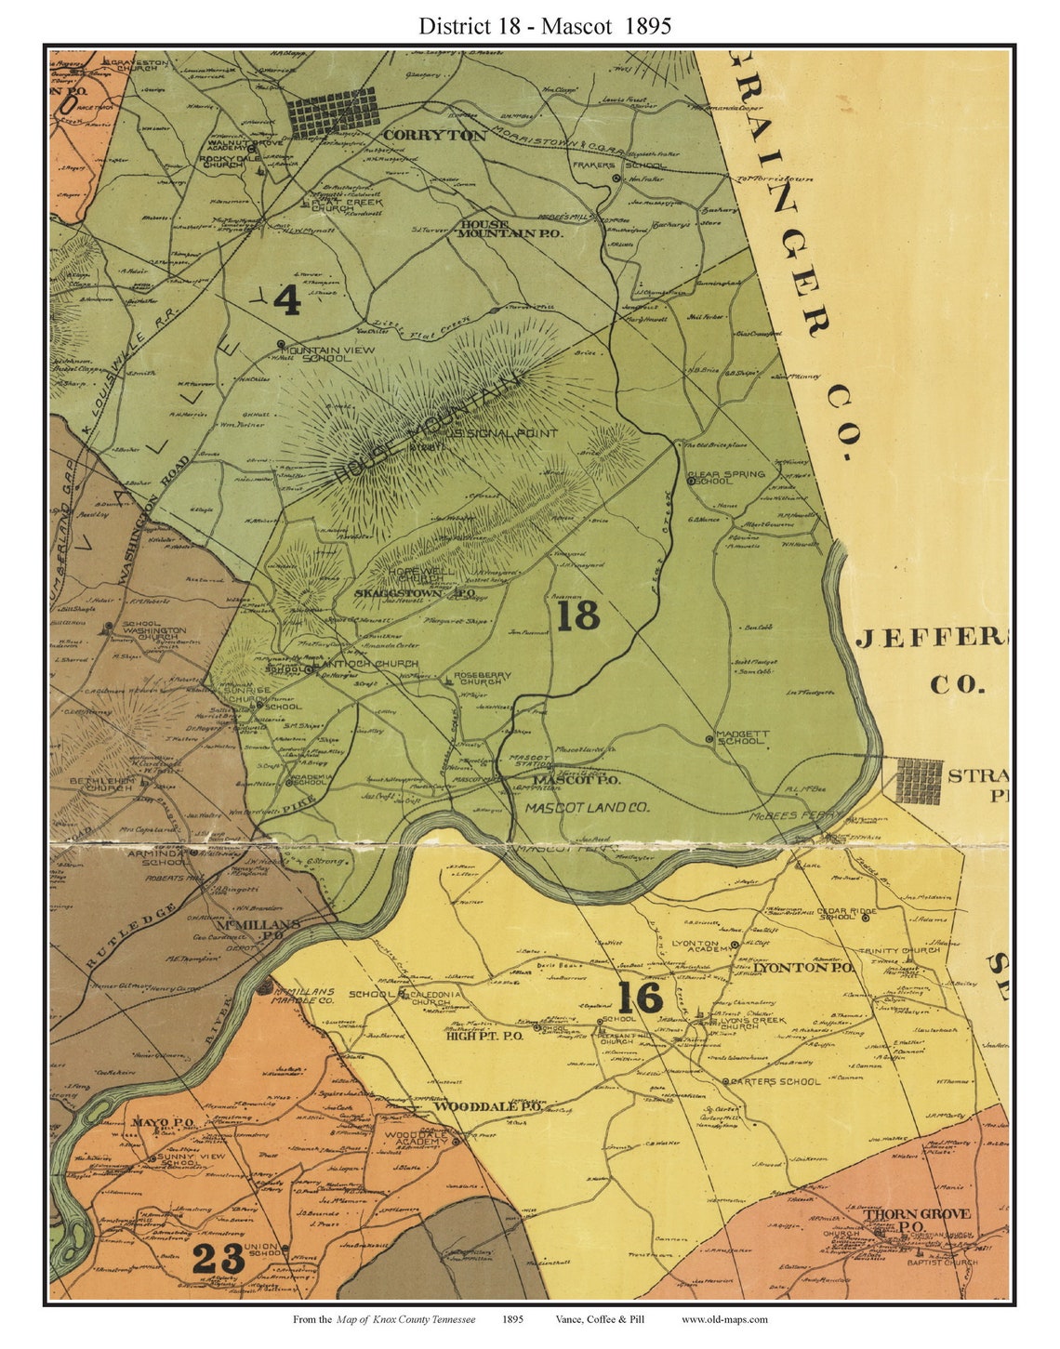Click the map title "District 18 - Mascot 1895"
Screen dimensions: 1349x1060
click(544, 25)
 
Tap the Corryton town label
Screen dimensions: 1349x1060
click(434, 135)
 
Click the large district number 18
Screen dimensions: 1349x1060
click(577, 615)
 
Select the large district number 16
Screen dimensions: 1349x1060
click(640, 998)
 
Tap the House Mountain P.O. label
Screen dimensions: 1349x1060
click(510, 230)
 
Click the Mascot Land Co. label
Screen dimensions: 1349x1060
click(587, 808)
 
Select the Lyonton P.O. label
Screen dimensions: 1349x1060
click(790, 968)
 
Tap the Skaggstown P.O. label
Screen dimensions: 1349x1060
click(416, 592)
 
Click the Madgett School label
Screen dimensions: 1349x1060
click(742, 737)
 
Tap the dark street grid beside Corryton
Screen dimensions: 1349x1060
click(332, 112)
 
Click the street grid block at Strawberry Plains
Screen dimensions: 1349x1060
click(919, 780)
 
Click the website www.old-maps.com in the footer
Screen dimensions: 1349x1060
click(724, 1319)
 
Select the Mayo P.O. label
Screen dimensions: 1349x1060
click(163, 1123)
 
